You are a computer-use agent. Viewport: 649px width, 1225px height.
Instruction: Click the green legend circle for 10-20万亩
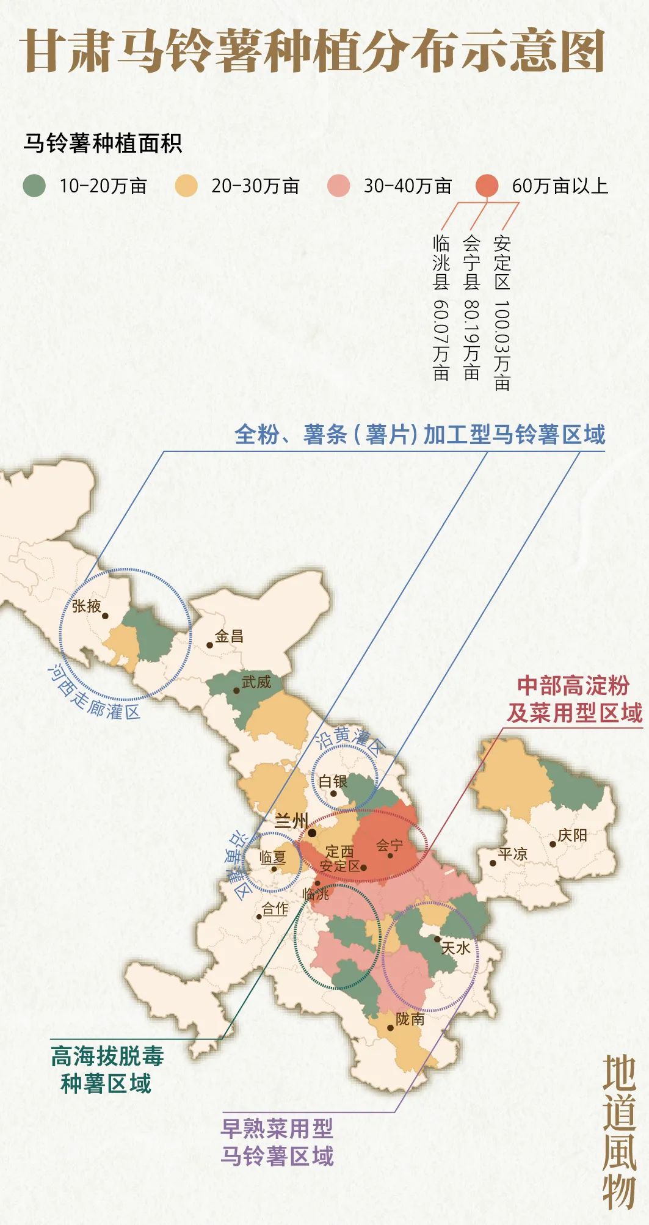tap(34, 186)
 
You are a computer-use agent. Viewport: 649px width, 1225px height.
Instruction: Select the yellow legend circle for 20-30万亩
tap(186, 186)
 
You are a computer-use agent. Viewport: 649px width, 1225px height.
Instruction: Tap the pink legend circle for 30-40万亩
tap(338, 186)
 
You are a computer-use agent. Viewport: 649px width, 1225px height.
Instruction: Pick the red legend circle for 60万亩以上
tap(487, 186)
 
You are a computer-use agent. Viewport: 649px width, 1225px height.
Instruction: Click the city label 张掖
tap(87, 606)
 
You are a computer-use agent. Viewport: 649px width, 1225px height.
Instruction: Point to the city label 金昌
tap(229, 636)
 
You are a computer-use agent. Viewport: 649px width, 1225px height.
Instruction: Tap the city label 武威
tap(256, 682)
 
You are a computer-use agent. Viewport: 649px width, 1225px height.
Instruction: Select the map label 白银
tap(333, 782)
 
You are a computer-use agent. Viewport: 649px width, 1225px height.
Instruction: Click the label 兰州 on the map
tap(291, 821)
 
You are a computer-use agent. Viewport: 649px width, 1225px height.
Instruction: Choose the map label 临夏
tap(273, 857)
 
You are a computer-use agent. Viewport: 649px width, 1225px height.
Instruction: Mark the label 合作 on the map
tap(275, 909)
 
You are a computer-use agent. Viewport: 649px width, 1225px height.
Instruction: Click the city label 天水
tap(455, 948)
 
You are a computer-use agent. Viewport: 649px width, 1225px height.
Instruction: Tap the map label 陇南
tap(410, 1019)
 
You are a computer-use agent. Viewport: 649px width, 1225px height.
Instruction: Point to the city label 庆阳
tap(572, 835)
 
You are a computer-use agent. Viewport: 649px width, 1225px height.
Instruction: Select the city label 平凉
tap(512, 854)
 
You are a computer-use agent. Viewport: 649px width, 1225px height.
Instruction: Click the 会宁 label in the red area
tap(389, 846)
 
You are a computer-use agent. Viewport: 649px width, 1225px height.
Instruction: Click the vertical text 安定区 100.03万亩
tap(502, 312)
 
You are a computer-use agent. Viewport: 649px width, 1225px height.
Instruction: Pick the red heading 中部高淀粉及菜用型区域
tap(574, 699)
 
